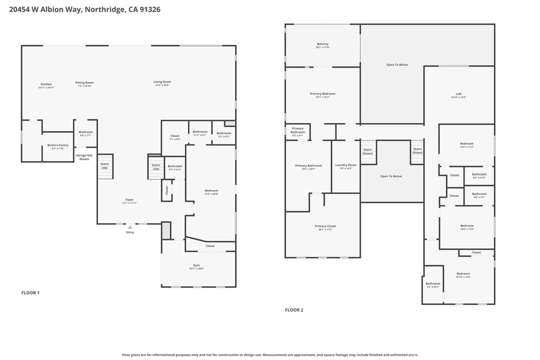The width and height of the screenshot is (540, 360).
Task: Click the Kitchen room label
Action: click(46, 84)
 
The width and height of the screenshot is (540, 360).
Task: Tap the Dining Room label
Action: click(84, 83)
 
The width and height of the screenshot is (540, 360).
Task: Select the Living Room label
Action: click(162, 82)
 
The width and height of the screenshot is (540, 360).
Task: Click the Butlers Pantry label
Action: click(57, 145)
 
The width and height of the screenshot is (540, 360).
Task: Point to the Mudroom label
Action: click(85, 132)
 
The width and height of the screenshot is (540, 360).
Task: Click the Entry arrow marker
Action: click(130, 227)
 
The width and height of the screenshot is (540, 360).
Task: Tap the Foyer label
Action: click(129, 200)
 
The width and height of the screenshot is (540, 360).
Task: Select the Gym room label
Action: click(196, 265)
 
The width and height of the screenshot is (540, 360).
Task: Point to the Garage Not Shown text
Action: click(84, 157)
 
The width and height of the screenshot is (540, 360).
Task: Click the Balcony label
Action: click(323, 44)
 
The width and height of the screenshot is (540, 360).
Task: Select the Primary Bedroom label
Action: click(322, 94)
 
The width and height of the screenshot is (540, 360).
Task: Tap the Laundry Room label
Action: click(346, 165)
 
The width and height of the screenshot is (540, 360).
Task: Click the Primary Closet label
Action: click(325, 226)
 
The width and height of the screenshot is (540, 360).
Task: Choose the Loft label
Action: click(459, 95)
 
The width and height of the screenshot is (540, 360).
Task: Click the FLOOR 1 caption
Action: click(30, 293)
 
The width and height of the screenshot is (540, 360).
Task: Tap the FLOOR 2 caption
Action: click(294, 310)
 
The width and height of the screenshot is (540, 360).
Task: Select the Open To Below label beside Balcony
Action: click(397, 65)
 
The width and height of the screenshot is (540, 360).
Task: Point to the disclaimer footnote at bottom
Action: click(270, 355)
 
